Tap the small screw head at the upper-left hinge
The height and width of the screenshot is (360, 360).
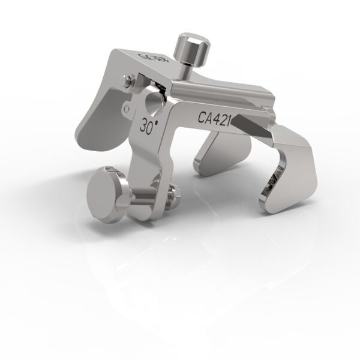tap(129, 80)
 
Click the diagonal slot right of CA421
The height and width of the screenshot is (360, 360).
tap(252, 126)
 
